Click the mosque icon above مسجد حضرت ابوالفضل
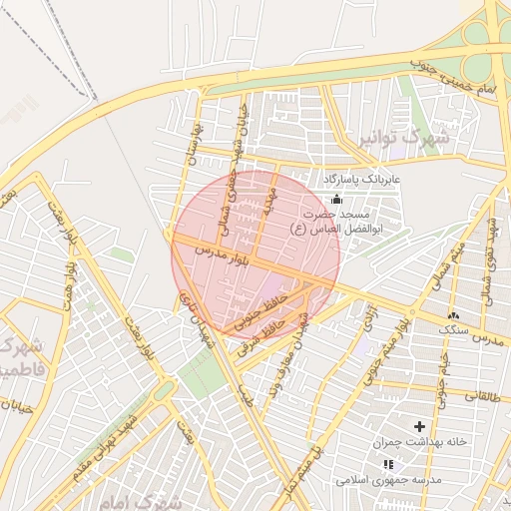click(336, 200)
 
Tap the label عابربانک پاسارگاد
click(359, 180)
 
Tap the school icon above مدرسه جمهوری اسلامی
click(388, 464)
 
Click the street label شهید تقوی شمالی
click(491, 240)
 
